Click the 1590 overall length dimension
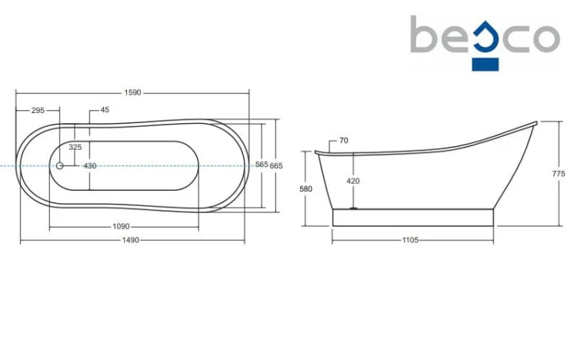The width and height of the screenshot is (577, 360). point(132,93)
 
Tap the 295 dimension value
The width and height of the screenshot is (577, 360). point(38,111)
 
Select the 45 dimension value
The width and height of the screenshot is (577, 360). point(105,110)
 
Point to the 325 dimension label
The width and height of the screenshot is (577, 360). point(75,147)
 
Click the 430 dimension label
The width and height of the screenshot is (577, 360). point(90,166)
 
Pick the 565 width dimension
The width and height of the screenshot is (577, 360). point(262,165)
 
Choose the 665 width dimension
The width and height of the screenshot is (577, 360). point(276,166)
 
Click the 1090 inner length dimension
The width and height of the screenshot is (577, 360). point(121,227)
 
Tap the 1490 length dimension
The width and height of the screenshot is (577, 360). point(131,240)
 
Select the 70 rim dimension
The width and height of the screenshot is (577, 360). point(344,141)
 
